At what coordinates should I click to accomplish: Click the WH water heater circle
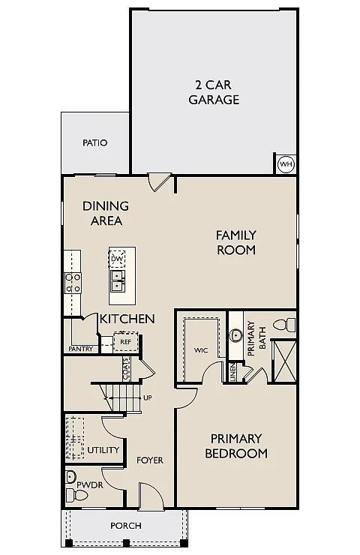(286, 164)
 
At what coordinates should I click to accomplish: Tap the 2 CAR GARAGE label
(214, 92)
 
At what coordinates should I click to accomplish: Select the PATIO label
(95, 142)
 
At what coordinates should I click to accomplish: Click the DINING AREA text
(106, 213)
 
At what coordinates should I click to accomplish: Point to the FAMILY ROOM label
(236, 242)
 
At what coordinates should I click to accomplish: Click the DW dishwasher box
(117, 259)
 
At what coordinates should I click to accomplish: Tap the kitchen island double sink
(117, 281)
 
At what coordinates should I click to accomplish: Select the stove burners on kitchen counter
(73, 283)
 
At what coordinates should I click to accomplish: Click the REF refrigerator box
(124, 341)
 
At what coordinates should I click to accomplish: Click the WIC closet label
(200, 350)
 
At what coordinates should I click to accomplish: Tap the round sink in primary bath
(236, 335)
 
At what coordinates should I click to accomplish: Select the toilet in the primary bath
(283, 325)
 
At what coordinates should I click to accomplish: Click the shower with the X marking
(284, 362)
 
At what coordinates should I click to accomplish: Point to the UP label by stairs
(147, 397)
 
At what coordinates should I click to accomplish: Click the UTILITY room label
(103, 450)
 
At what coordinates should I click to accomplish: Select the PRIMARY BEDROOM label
(236, 445)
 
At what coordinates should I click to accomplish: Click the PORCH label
(125, 526)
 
